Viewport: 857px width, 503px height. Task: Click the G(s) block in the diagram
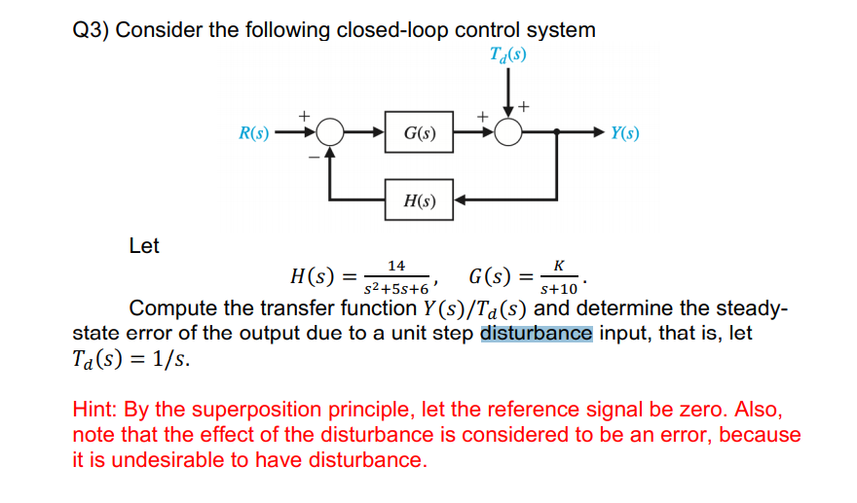[419, 133]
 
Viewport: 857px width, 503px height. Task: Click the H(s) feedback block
[419, 201]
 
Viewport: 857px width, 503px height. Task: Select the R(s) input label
[254, 133]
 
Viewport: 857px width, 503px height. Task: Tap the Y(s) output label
[625, 133]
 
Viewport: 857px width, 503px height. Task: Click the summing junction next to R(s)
[330, 133]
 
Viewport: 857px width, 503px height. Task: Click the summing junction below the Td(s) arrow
[507, 133]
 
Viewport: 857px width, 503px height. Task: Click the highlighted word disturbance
[536, 334]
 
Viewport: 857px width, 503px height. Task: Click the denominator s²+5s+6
[395, 290]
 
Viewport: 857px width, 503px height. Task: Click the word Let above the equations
[144, 246]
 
